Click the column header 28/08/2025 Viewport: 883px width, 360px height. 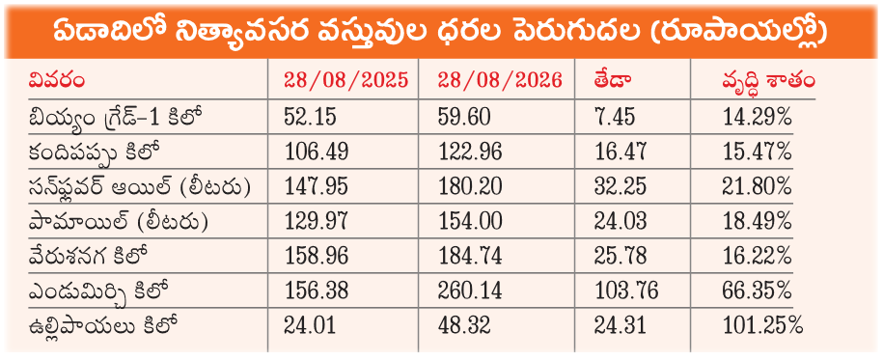click(345, 80)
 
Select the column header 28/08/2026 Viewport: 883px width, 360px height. click(500, 80)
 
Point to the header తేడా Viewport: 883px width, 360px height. click(613, 81)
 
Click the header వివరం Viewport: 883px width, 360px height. click(57, 81)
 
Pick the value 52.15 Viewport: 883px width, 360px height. click(311, 117)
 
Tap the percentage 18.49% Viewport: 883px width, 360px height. click(757, 221)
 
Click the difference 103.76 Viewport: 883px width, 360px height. click(625, 291)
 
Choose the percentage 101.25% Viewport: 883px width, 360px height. click(762, 326)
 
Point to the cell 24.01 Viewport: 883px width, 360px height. click(311, 326)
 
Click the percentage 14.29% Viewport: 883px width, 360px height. click(757, 117)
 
